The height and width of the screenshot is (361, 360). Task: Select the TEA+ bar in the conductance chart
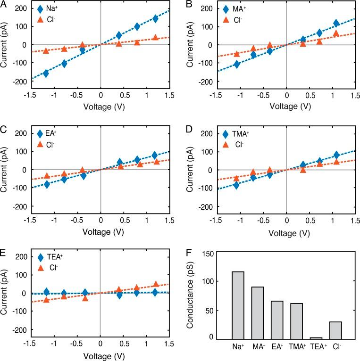(x=316, y=338)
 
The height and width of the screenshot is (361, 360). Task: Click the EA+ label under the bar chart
(x=276, y=347)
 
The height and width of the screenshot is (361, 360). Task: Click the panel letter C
(x=4, y=127)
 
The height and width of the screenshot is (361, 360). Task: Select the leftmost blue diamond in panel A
(x=46, y=73)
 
